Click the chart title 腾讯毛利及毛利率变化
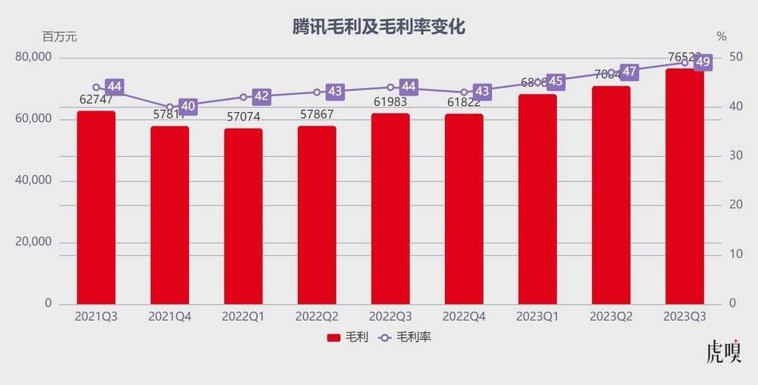378,27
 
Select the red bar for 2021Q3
96,208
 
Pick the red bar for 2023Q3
684,186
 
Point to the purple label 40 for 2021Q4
187,106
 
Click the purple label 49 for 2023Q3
703,62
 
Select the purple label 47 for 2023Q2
629,72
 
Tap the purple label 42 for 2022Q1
261,96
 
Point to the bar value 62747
96,99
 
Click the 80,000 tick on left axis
33,58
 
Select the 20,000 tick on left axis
33,242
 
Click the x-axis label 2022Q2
317,316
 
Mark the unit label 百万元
59,36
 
